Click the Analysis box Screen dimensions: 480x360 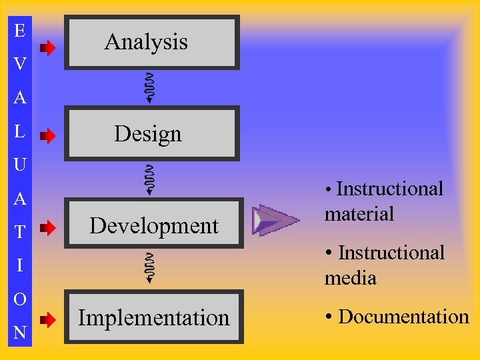point(151,42)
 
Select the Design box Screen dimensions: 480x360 point(151,134)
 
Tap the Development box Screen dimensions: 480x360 point(154,225)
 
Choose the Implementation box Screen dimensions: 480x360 point(154,317)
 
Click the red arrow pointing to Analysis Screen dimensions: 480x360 point(48,48)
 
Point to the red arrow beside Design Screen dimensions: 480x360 point(48,137)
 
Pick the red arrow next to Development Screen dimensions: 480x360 point(48,229)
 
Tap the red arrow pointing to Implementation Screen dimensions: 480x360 point(48,320)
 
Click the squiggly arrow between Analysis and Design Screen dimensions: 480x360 point(150,87)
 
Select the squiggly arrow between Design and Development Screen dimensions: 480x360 point(150,179)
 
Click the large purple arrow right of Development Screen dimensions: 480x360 point(275,220)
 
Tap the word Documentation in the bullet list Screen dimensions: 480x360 point(403,317)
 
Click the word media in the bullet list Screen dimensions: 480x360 point(351,278)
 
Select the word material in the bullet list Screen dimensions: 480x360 point(359,214)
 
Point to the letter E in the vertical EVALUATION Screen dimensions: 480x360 point(20,31)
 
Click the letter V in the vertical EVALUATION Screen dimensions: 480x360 point(20,64)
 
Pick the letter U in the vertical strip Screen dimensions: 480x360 point(20,164)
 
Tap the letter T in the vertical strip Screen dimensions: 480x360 point(20,232)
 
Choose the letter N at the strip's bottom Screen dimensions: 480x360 point(20,332)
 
